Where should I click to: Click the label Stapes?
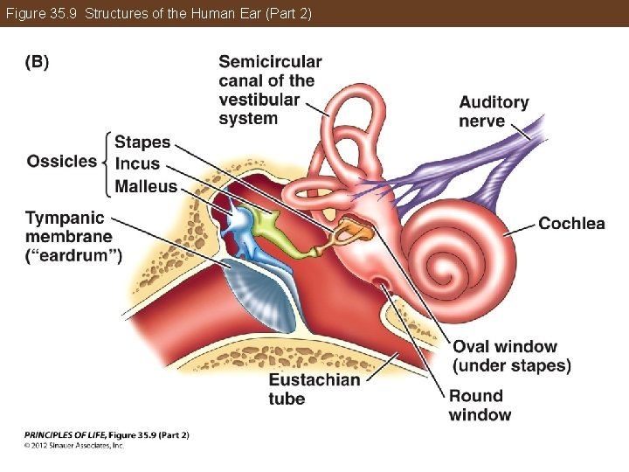pos(142,142)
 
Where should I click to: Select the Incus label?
pos(138,163)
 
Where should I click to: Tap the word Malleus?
pos(146,185)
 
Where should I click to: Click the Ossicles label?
pos(62,161)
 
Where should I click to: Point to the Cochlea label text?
pos(571,224)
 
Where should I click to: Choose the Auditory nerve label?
pos(494,111)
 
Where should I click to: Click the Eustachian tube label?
pos(314,389)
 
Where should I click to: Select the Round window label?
pos(480,406)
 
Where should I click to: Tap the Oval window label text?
pos(511,356)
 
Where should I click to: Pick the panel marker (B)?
pos(37,62)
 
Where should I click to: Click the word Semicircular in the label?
pos(270,61)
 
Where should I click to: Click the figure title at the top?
pos(159,13)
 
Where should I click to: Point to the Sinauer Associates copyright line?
pos(74,445)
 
